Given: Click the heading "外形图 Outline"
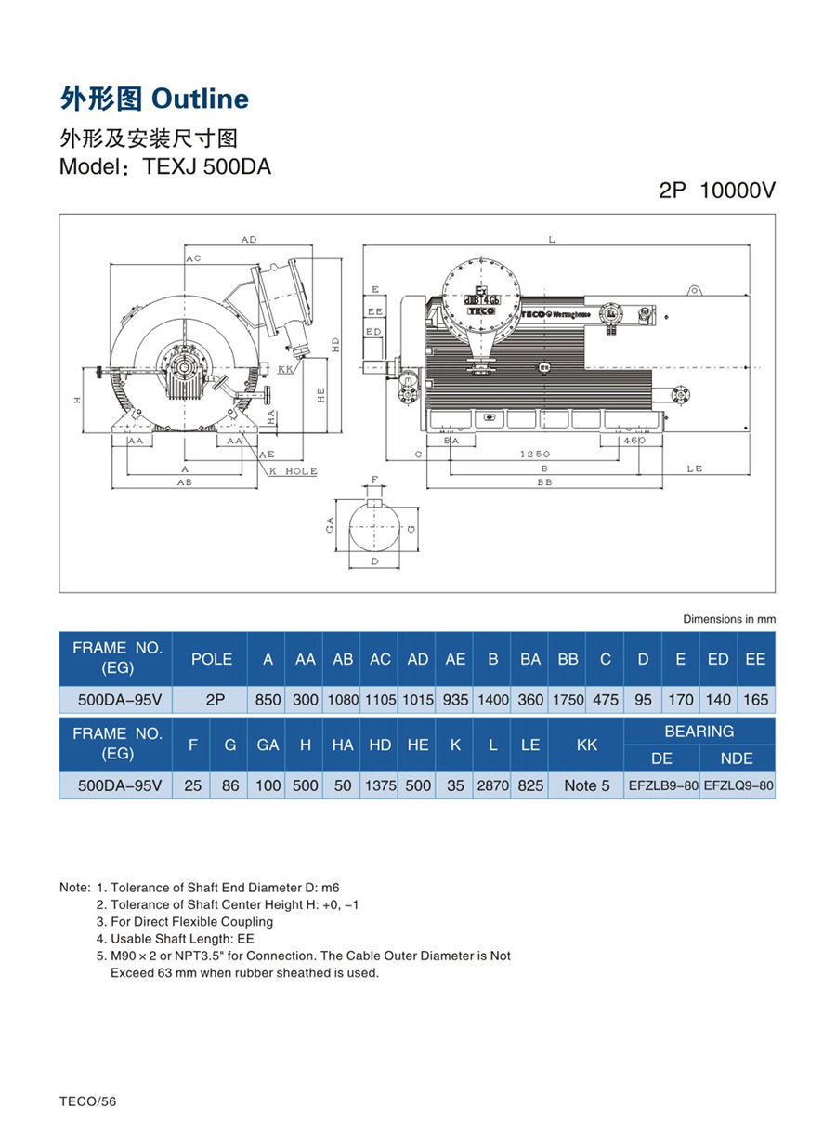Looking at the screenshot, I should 154,99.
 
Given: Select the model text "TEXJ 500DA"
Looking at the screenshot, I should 206,168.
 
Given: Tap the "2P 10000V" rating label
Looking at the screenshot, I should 716,191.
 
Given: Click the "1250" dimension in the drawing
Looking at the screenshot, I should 535,454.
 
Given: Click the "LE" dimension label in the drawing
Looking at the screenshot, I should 695,468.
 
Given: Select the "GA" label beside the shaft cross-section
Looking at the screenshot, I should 329,526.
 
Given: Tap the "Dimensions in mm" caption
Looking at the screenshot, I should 728,619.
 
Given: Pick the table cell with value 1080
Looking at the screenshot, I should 343,700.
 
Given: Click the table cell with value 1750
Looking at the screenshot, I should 568,700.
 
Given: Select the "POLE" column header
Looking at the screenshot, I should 211,659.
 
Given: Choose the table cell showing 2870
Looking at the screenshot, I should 492,785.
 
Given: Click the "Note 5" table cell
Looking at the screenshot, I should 587,785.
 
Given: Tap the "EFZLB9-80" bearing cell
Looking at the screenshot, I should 662,785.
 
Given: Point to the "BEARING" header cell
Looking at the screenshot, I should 699,732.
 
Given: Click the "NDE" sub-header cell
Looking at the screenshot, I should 737,758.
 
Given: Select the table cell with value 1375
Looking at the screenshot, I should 380,785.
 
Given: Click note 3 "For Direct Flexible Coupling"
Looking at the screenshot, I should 191,921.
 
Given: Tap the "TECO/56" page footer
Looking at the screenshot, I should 88,1101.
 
